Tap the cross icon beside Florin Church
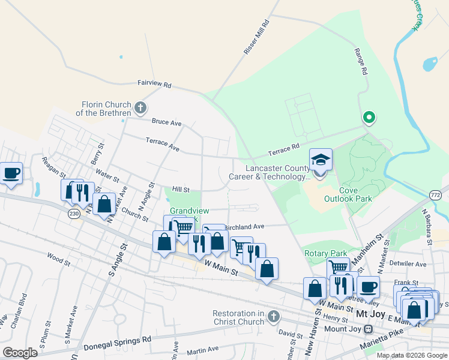point(140,109)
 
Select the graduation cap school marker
point(321,160)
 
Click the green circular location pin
point(369,117)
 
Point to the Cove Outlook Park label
point(348,194)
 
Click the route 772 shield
point(436,196)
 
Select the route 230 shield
point(74,214)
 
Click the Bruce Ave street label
point(166,122)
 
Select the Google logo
point(20,352)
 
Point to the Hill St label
point(181,190)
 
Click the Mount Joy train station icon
point(369,329)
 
